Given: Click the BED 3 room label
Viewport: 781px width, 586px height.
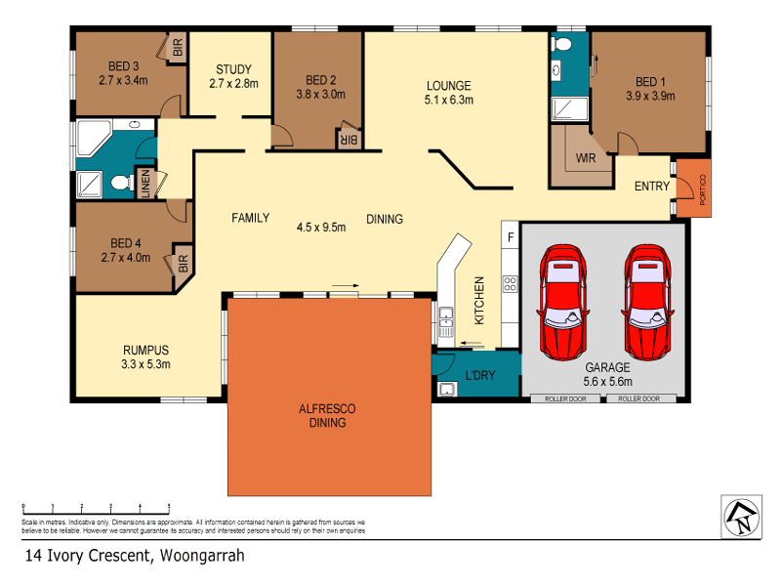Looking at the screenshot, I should click(x=122, y=66).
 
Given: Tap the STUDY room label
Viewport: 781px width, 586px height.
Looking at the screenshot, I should click(x=233, y=69).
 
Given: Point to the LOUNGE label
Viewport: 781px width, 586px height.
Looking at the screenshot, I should click(x=448, y=85).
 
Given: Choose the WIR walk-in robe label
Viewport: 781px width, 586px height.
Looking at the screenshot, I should click(x=586, y=157).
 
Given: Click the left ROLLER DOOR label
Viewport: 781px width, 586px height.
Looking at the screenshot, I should click(x=565, y=398).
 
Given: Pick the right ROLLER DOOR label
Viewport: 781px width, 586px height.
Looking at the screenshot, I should click(x=639, y=398).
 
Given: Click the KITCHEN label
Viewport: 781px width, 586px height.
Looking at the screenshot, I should click(x=479, y=300).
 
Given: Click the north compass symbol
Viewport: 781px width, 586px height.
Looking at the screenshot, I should click(x=741, y=516).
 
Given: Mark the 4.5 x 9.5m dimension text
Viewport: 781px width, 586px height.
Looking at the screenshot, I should click(x=321, y=227).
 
